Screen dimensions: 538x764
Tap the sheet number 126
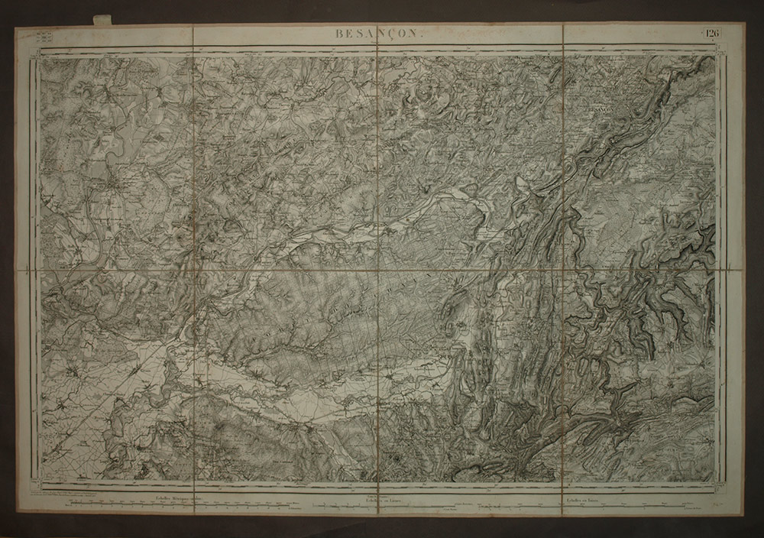point(713,32)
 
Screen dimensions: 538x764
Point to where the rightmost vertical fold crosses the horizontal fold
point(564,270)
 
